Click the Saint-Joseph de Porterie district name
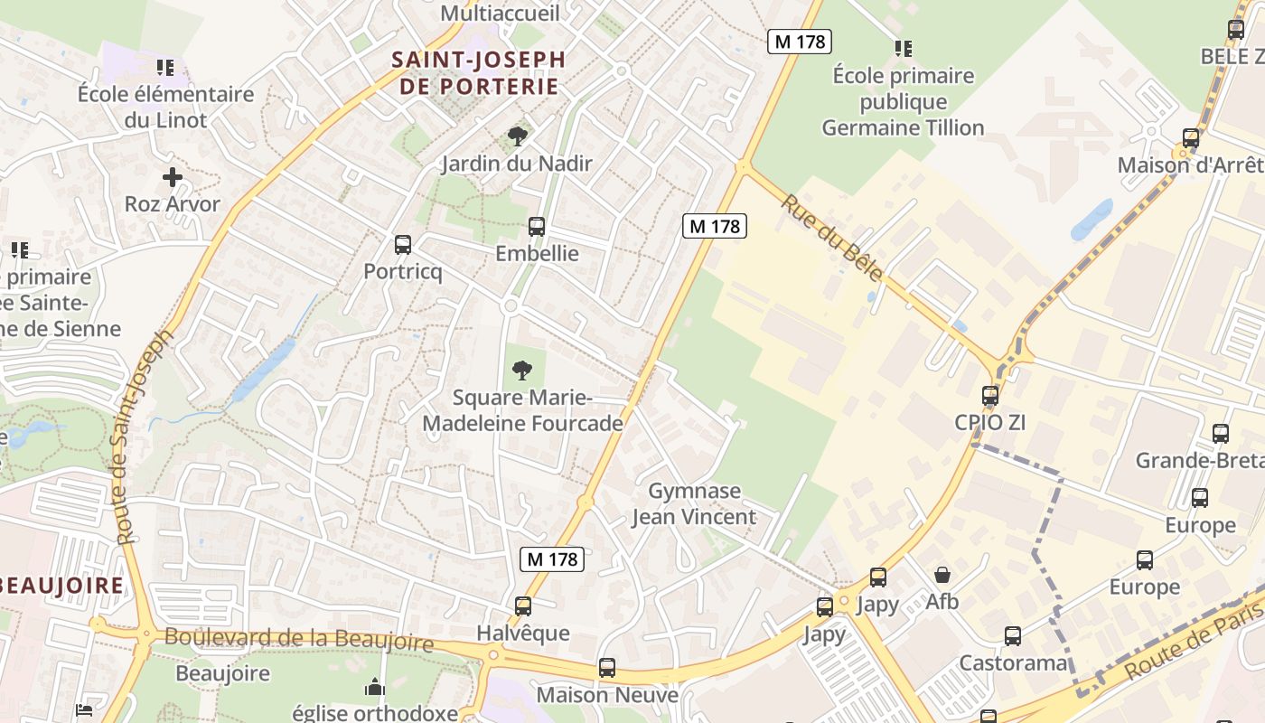[478, 73]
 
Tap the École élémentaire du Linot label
[165, 107]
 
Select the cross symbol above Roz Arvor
[173, 177]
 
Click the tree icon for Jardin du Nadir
[517, 137]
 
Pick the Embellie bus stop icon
[537, 227]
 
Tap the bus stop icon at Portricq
[403, 244]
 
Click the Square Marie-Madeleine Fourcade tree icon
[521, 370]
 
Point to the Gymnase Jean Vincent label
[694, 504]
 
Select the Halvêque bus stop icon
[523, 606]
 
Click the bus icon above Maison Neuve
[607, 668]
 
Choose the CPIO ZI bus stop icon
[990, 396]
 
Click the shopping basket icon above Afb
[942, 575]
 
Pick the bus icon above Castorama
[1013, 636]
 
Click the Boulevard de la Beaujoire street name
[298, 639]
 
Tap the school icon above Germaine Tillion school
[903, 49]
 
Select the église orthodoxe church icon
[375, 689]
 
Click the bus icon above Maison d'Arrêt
[1191, 138]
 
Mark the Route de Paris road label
[1193, 641]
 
